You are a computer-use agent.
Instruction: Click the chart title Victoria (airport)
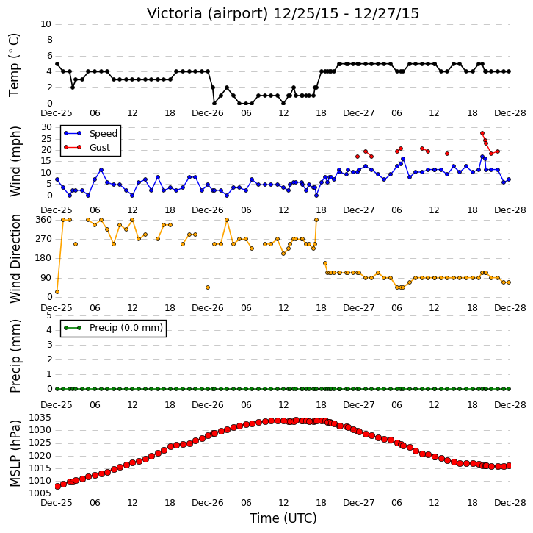pos(208,14)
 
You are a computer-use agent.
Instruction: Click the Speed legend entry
pos(90,133)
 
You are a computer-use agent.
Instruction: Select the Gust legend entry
pos(87,147)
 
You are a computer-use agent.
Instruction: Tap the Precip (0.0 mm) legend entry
pos(114,328)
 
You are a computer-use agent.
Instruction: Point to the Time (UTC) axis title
pos(283,518)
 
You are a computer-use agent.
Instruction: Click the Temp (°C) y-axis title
pos(14,65)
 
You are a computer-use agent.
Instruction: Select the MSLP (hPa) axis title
pos(15,454)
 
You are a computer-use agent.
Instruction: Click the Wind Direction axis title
pos(15,259)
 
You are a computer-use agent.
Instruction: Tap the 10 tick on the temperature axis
pos(46,24)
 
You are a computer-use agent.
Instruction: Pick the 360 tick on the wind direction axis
pos(44,220)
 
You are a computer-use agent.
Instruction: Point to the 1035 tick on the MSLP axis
pos(40,418)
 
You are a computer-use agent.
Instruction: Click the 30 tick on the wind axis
pos(46,127)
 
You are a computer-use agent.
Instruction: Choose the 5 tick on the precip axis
pos(49,315)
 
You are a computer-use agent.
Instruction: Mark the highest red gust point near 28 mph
pos(482,133)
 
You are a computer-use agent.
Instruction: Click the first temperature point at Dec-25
pos(57,64)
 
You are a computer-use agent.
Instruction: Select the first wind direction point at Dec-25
pos(57,292)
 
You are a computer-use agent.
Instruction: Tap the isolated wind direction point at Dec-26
pos(208,287)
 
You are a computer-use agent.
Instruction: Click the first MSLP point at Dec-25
pos(57,486)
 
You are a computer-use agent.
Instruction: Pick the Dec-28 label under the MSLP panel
pos(510,502)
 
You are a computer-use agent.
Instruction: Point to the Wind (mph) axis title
pos(15,161)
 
